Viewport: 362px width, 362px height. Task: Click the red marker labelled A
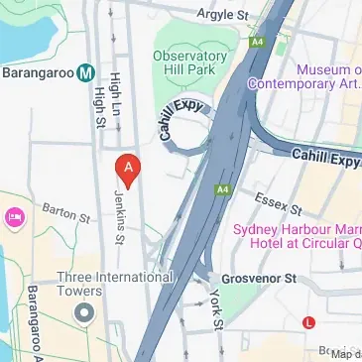127,167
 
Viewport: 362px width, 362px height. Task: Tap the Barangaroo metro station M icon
85,71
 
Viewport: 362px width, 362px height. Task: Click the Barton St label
65,212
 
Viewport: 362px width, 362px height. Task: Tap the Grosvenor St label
261,279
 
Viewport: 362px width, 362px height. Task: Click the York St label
216,309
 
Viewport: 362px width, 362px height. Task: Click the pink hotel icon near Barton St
14,216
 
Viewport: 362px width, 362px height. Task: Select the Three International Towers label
114,285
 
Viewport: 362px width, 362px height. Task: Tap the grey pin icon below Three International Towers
84,313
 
